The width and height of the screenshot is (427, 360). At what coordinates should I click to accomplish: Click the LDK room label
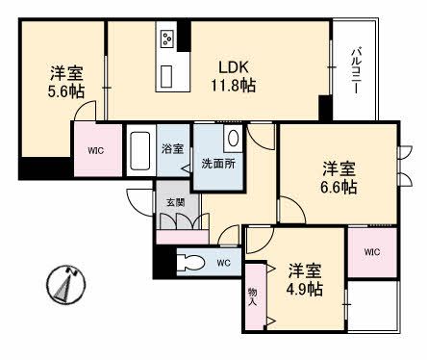pos(234,66)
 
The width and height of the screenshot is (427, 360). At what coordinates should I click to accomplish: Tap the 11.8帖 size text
pos(234,86)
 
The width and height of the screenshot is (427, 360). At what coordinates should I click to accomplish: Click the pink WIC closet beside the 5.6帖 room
pos(95,151)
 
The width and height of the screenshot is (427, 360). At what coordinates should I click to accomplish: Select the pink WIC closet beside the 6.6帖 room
pos(371,252)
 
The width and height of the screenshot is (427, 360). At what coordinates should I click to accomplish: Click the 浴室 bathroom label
pos(173,150)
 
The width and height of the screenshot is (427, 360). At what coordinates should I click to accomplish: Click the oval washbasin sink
pos(232,139)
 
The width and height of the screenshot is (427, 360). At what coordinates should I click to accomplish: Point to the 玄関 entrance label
pos(175,202)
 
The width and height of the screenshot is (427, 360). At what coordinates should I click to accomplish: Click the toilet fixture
pos(190,260)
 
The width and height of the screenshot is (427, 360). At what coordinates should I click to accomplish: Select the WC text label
pos(223,263)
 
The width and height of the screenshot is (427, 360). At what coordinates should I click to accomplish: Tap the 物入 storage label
pos(252,296)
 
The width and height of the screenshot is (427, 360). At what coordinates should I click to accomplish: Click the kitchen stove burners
pos(167,39)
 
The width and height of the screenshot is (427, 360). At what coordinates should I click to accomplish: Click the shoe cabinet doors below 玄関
pos(178,222)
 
